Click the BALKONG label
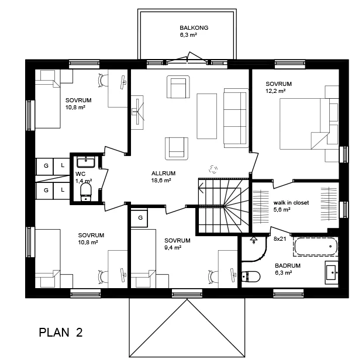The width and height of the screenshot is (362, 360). [x=194, y=27]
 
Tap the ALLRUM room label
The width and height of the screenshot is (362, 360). [x=163, y=174]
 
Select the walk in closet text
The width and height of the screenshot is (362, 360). [x=291, y=203]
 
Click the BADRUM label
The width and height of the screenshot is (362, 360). [x=288, y=265]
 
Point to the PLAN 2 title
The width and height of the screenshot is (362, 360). [x=61, y=333]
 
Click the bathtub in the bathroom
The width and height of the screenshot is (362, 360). [x=316, y=247]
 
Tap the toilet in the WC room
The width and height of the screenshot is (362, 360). [x=86, y=192]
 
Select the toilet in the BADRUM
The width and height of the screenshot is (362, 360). [x=251, y=276]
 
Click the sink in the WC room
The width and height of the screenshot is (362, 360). [x=85, y=162]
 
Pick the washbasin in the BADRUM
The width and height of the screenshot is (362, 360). [x=332, y=273]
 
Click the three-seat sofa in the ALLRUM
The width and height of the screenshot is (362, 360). [x=236, y=118]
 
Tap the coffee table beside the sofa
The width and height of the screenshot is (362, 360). [x=206, y=116]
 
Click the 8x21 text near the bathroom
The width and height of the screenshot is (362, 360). [x=280, y=239]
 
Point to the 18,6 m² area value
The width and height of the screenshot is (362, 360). [x=161, y=181]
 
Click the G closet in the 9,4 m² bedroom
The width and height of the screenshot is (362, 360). [x=139, y=217]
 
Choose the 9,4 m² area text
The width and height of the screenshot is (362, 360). [x=173, y=248]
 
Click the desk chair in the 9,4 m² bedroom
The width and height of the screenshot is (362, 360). [x=213, y=276]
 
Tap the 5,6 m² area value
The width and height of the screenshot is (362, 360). [x=282, y=210]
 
